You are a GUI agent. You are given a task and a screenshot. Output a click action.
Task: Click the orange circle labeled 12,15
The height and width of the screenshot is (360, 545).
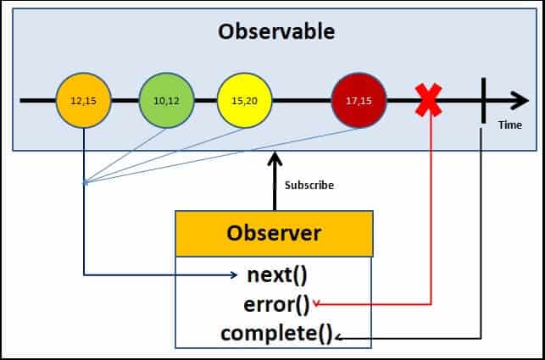point(82,101)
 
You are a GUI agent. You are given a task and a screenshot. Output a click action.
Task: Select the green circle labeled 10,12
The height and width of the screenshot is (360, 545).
point(166,101)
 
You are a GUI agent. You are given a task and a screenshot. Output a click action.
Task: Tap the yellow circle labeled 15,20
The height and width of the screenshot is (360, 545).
point(244,101)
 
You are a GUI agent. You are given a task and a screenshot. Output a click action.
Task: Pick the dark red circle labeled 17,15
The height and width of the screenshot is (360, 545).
point(359,101)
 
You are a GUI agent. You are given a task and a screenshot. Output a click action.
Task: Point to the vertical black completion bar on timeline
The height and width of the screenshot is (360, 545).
point(482,101)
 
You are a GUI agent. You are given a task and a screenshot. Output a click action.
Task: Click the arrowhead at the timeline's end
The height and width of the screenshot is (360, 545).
point(519,101)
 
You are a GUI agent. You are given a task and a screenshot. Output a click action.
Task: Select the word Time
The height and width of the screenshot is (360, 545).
point(510,125)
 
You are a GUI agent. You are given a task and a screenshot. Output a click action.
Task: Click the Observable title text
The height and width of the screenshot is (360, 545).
point(276,32)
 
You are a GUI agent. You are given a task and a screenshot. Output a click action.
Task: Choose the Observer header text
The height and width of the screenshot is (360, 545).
point(273,233)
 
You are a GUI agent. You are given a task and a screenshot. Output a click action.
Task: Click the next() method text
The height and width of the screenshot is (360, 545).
point(276,274)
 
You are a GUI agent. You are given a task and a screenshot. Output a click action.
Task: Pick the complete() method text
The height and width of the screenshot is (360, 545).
point(277,333)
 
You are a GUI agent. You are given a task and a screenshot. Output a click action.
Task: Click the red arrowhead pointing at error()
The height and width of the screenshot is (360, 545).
point(316,303)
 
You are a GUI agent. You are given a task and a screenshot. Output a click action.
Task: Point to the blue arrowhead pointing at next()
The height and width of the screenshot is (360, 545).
point(234,274)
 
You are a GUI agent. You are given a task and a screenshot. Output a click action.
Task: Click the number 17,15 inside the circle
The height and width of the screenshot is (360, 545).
point(359,101)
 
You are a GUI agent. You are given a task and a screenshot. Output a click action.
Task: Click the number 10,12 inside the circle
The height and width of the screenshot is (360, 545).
point(166,101)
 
